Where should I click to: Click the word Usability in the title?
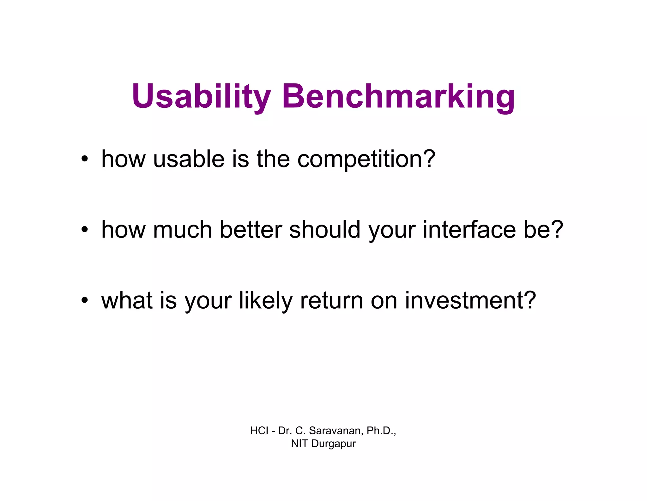[x=201, y=96]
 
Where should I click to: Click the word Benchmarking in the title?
[x=398, y=96]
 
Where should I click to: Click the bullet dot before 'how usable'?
[x=84, y=159]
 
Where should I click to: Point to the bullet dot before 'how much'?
[x=84, y=230]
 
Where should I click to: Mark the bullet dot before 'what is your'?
[x=84, y=300]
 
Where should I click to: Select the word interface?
[x=469, y=230]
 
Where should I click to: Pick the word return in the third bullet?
[x=331, y=300]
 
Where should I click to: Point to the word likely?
[x=266, y=300]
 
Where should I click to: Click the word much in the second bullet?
[x=182, y=230]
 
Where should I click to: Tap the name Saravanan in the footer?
[x=336, y=431]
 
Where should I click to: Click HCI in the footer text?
[x=259, y=431]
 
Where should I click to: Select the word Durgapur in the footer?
[x=333, y=444]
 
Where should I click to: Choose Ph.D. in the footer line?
[x=380, y=431]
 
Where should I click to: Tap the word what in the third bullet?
[x=127, y=300]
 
